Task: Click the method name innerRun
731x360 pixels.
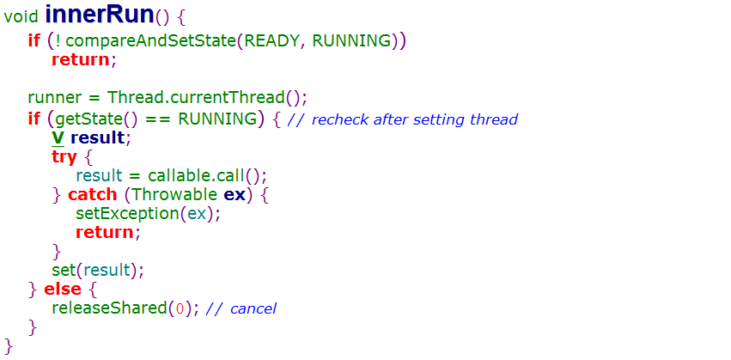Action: click(98, 15)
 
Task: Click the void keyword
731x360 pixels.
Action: click(21, 17)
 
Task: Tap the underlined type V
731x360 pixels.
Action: click(58, 137)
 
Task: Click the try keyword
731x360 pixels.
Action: click(64, 157)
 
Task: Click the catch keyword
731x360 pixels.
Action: click(93, 194)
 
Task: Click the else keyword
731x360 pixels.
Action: click(63, 289)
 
